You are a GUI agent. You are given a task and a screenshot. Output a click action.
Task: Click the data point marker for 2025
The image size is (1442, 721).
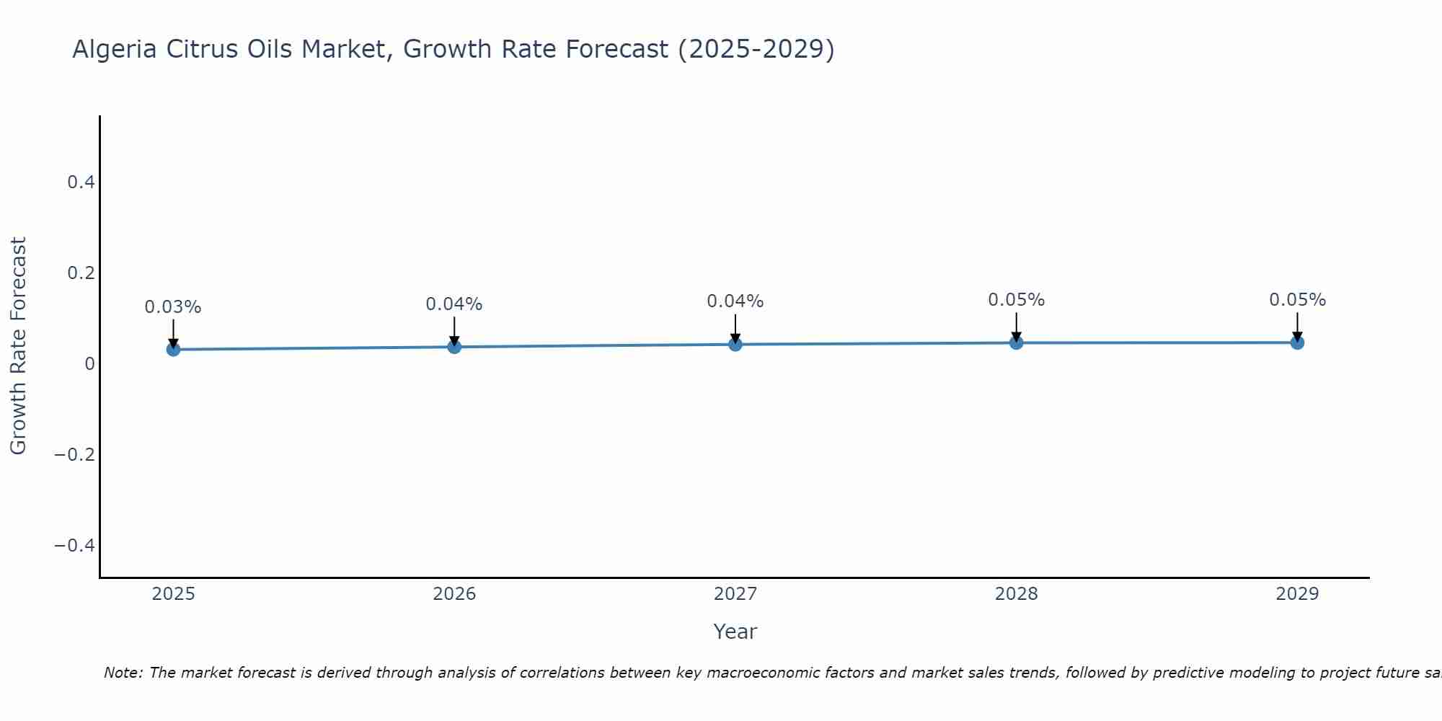click(x=173, y=350)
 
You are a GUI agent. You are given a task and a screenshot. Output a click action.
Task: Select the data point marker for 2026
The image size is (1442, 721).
click(x=454, y=347)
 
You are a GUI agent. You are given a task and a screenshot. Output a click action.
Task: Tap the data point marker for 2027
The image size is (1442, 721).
click(x=735, y=345)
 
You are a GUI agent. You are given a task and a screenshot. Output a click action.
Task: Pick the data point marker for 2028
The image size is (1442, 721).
click(x=1016, y=342)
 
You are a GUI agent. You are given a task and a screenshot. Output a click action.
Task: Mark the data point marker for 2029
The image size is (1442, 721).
click(x=1297, y=342)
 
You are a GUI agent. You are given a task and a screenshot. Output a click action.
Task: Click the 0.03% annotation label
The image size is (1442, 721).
click(x=173, y=307)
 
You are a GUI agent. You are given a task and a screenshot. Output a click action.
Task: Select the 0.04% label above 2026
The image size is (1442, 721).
click(x=454, y=304)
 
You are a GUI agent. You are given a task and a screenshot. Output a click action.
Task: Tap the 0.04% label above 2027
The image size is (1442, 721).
click(x=735, y=301)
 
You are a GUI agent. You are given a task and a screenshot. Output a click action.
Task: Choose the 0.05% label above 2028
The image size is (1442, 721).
click(x=1016, y=300)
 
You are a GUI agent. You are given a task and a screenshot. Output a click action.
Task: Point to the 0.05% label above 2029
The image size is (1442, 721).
click(x=1297, y=300)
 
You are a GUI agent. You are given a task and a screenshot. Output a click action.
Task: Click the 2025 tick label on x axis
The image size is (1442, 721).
click(x=173, y=594)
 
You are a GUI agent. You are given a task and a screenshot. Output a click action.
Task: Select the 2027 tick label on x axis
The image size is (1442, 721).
click(x=735, y=594)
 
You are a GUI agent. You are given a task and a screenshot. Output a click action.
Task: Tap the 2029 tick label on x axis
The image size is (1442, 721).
click(x=1297, y=594)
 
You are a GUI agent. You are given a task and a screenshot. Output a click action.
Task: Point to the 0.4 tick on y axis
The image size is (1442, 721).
click(x=81, y=182)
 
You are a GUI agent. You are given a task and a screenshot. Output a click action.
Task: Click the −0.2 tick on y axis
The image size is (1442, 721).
click(x=74, y=454)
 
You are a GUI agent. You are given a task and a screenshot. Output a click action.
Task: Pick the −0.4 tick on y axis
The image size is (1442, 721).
click(x=74, y=545)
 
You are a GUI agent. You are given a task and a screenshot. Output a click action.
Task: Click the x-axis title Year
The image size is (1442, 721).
click(x=735, y=632)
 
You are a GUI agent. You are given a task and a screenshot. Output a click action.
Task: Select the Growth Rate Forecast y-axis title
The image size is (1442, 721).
click(x=18, y=346)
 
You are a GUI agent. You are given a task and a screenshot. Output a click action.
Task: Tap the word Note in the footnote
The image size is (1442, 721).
click(x=123, y=673)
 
